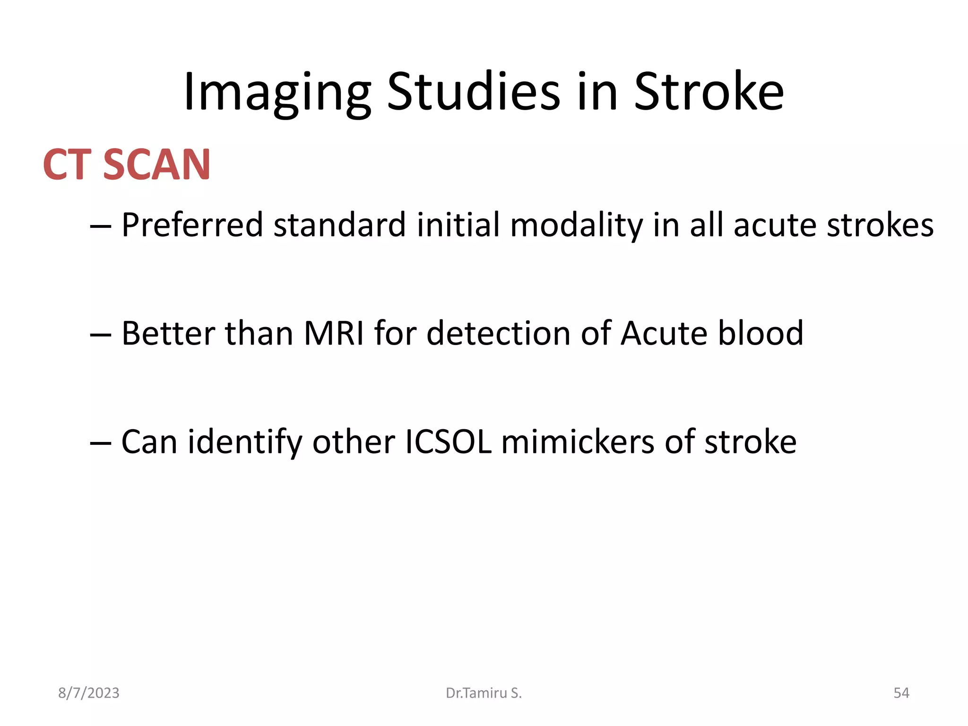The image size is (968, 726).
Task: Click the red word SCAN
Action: point(156,164)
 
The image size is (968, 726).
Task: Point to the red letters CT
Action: point(67,164)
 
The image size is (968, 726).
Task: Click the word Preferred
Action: point(192,225)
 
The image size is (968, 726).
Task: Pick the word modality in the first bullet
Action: point(576,225)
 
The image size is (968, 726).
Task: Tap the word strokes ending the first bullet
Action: point(880,225)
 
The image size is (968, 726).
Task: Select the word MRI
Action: point(334,334)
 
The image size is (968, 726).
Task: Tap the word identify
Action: point(244,442)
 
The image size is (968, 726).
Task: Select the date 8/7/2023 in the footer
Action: point(89,693)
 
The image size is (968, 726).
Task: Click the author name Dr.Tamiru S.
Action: point(484,693)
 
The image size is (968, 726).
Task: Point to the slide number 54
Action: point(901,693)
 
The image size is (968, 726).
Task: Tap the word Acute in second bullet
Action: point(664,334)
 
